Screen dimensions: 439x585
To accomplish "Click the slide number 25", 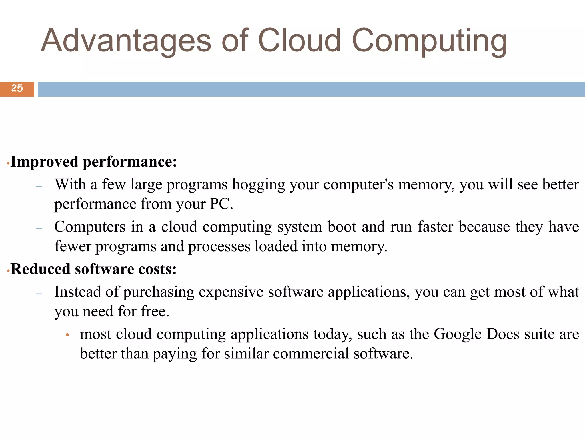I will pyautogui.click(x=17, y=88).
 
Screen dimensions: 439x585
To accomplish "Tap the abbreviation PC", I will pyautogui.click(x=221, y=204).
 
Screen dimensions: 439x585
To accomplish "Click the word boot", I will pyautogui.click(x=342, y=227).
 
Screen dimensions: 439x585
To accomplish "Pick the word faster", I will pyautogui.click(x=435, y=227).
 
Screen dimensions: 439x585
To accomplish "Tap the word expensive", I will pyautogui.click(x=231, y=292).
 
